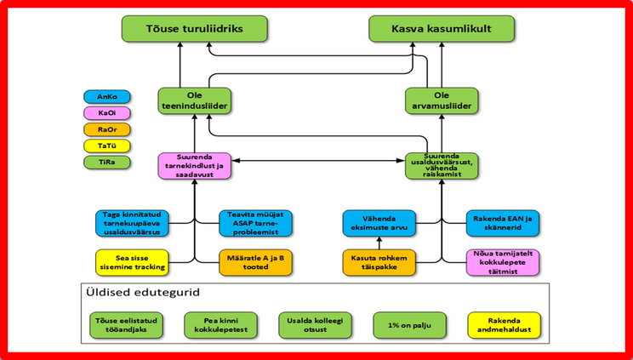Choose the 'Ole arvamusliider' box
tap(442, 100)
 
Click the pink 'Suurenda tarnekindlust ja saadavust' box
tap(195, 164)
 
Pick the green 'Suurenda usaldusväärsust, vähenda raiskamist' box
tap(442, 164)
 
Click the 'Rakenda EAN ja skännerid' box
tap(502, 222)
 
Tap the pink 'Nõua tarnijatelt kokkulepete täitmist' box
tap(502, 261)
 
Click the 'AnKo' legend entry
tap(106, 97)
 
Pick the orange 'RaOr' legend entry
tap(106, 129)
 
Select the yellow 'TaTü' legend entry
tap(106, 146)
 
